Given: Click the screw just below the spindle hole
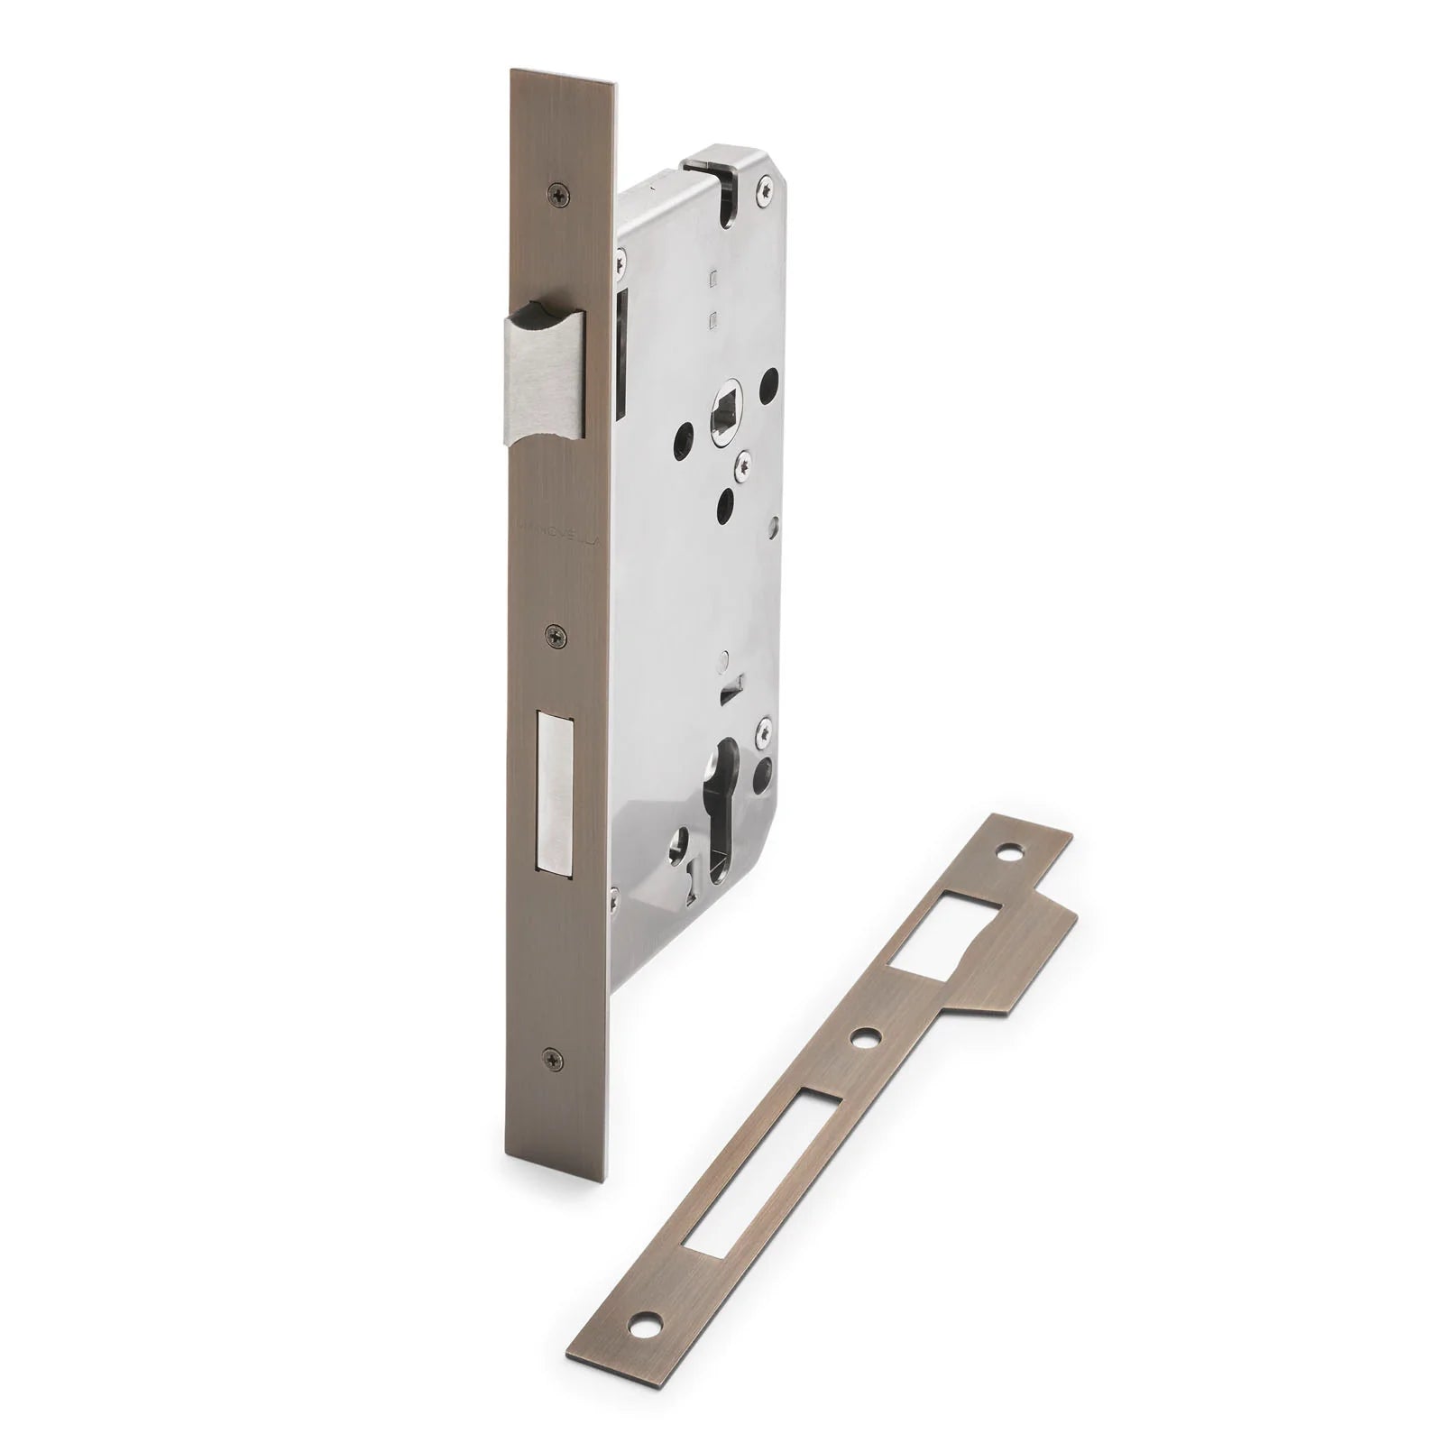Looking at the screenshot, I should click(x=742, y=465).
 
